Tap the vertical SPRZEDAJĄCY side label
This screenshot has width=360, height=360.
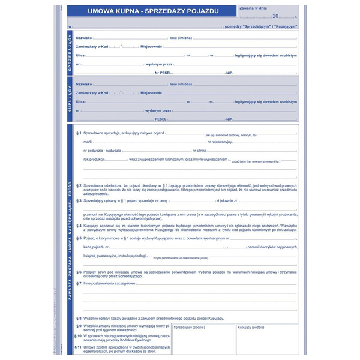click(70, 54)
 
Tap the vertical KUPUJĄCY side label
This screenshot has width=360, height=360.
click(70, 98)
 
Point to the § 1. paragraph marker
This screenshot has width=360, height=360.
click(80, 133)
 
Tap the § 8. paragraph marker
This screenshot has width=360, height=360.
click(80, 318)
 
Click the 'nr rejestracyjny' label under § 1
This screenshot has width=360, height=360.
click(221, 141)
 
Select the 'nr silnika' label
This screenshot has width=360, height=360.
click(200, 150)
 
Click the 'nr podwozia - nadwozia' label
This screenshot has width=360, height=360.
click(103, 150)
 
